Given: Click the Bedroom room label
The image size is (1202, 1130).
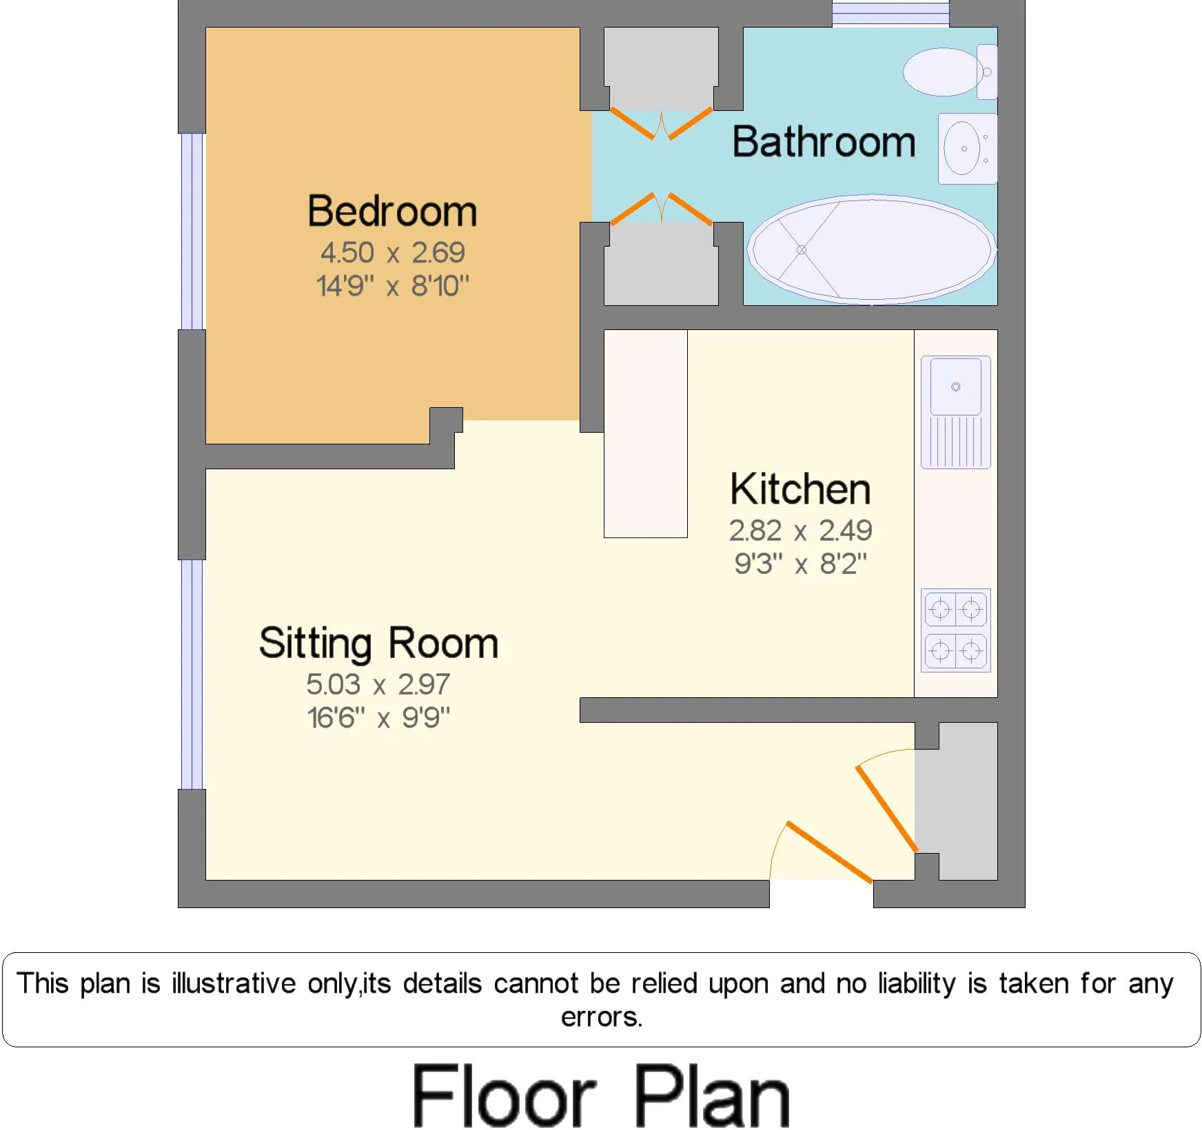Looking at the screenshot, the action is [x=392, y=211].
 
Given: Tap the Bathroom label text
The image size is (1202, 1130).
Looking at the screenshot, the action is [x=824, y=142].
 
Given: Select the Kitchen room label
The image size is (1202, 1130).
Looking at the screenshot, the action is [x=800, y=489].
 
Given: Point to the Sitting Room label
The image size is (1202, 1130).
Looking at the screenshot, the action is [x=378, y=644].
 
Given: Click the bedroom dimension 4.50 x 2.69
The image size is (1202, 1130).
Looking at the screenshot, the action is [x=392, y=253].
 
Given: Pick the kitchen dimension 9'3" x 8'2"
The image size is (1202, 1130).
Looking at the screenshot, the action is [x=800, y=564].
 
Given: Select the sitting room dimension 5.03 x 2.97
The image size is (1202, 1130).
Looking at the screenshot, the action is [x=378, y=684].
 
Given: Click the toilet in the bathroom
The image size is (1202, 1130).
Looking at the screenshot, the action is [x=950, y=72].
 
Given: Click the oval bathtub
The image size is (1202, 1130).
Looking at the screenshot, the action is [x=872, y=249].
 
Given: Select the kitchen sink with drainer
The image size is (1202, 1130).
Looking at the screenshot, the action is [x=956, y=412].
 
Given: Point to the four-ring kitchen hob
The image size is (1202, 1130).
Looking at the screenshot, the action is [x=956, y=630].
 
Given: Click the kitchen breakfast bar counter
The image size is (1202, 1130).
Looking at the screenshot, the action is [x=646, y=433].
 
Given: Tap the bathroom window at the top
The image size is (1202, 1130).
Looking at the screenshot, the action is [x=890, y=14].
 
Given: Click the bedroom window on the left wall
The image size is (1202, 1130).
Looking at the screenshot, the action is [x=193, y=232].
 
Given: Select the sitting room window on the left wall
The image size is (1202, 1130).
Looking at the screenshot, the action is [x=192, y=675].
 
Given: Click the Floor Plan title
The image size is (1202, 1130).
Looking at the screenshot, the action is [x=602, y=1095].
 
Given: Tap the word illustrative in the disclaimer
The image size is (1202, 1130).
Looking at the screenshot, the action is [x=234, y=983].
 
